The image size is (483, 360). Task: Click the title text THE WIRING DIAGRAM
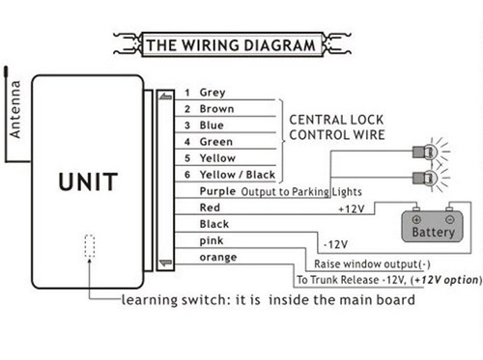[x=231, y=45]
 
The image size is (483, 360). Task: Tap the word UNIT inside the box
[x=88, y=181]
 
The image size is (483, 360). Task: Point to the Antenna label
[x=15, y=109]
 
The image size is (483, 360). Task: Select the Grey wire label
[x=213, y=93]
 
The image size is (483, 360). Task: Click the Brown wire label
[x=216, y=109]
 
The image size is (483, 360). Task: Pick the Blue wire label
[x=212, y=125]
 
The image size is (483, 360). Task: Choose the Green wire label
[x=216, y=142]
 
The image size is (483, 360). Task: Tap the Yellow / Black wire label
[x=238, y=175]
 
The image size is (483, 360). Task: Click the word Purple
[x=217, y=191]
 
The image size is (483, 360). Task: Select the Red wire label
[x=210, y=208]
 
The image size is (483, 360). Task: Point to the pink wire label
[x=212, y=241]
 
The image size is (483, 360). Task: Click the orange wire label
[x=218, y=258]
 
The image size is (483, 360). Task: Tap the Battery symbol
[x=433, y=227]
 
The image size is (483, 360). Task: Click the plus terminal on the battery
[x=416, y=220]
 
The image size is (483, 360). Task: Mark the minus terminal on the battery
[x=450, y=220]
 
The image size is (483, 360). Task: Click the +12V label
[x=352, y=209]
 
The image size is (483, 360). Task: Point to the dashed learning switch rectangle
[x=90, y=246]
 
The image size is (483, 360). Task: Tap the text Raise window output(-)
[x=372, y=264]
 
